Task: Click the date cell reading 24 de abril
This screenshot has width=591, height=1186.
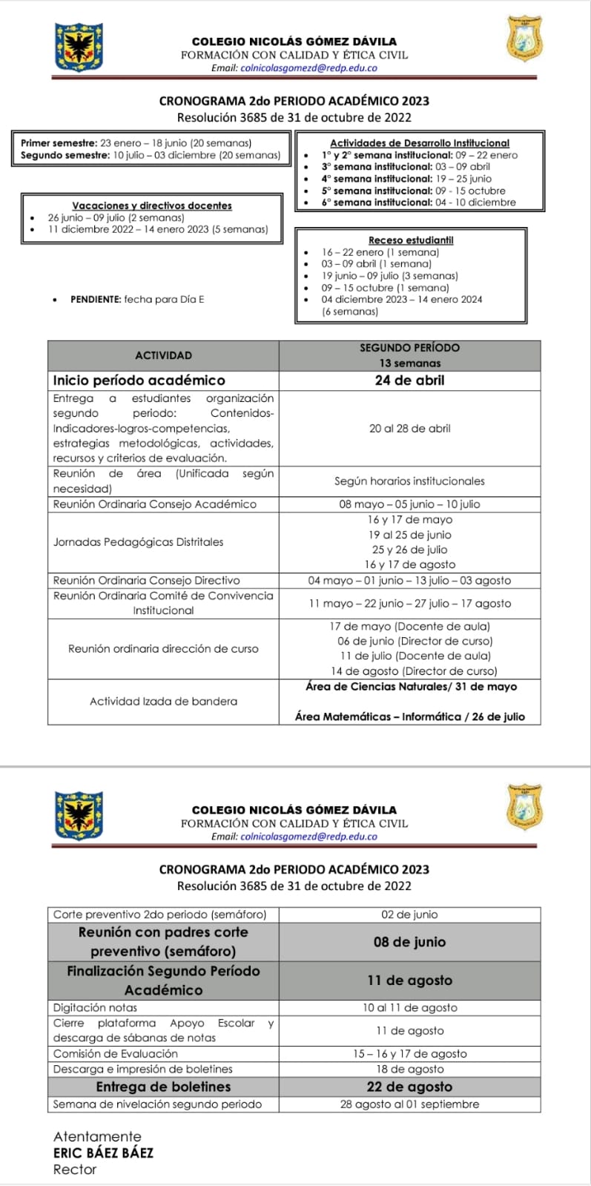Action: (x=409, y=380)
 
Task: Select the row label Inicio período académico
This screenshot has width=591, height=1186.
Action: (x=139, y=380)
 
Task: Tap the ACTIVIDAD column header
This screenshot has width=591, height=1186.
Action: (x=163, y=355)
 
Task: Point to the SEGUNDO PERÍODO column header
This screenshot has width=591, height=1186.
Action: (x=409, y=348)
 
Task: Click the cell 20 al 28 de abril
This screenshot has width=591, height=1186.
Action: (x=409, y=429)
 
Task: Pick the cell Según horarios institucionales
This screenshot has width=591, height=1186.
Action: (x=409, y=481)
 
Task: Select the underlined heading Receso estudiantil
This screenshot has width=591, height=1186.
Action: (x=411, y=240)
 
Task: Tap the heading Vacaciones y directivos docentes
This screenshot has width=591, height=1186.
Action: (x=152, y=205)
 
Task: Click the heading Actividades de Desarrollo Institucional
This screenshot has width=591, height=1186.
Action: (x=420, y=143)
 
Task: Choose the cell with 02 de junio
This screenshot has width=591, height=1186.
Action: (x=409, y=915)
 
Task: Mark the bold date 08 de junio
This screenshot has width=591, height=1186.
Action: (x=409, y=942)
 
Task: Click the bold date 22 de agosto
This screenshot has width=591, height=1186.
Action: (x=409, y=1087)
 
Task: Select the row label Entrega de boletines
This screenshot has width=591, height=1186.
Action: (x=163, y=1087)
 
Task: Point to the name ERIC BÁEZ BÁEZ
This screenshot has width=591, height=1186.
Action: (x=103, y=1153)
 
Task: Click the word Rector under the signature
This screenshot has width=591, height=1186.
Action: (x=75, y=1170)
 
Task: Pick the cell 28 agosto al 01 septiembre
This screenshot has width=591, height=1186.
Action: (x=409, y=1104)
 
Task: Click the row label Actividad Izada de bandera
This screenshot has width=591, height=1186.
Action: (x=163, y=702)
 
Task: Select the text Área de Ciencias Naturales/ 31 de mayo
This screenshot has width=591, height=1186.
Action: (x=411, y=687)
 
